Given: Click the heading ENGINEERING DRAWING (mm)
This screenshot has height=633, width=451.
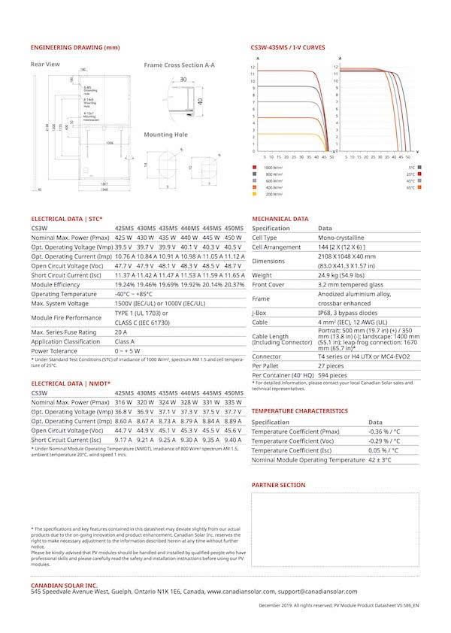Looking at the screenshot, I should click(75, 47).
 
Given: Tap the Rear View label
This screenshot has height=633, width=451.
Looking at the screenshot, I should click(45, 65).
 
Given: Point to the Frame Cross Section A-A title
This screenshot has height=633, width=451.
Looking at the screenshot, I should click(179, 65).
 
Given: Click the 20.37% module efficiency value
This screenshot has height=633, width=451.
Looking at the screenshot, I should click(234, 285).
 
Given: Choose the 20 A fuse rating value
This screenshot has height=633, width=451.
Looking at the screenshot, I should click(121, 332).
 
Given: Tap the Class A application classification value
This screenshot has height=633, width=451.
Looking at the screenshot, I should click(126, 341).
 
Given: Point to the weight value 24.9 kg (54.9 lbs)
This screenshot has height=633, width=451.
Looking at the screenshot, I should click(348, 275).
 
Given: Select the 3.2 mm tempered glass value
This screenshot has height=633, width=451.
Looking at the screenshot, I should click(350, 285).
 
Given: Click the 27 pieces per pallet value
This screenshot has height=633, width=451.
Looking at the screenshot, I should click(331, 365).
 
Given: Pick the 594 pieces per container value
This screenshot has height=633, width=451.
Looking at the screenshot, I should click(332, 374).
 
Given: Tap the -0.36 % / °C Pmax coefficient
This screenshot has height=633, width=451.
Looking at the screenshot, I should click(384, 432).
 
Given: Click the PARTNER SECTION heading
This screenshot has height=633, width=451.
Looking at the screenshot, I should click(278, 485).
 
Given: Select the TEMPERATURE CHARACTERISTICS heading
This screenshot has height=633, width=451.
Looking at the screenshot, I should click(299, 411).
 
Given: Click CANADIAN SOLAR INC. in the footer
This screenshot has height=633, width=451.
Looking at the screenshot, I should click(65, 584).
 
